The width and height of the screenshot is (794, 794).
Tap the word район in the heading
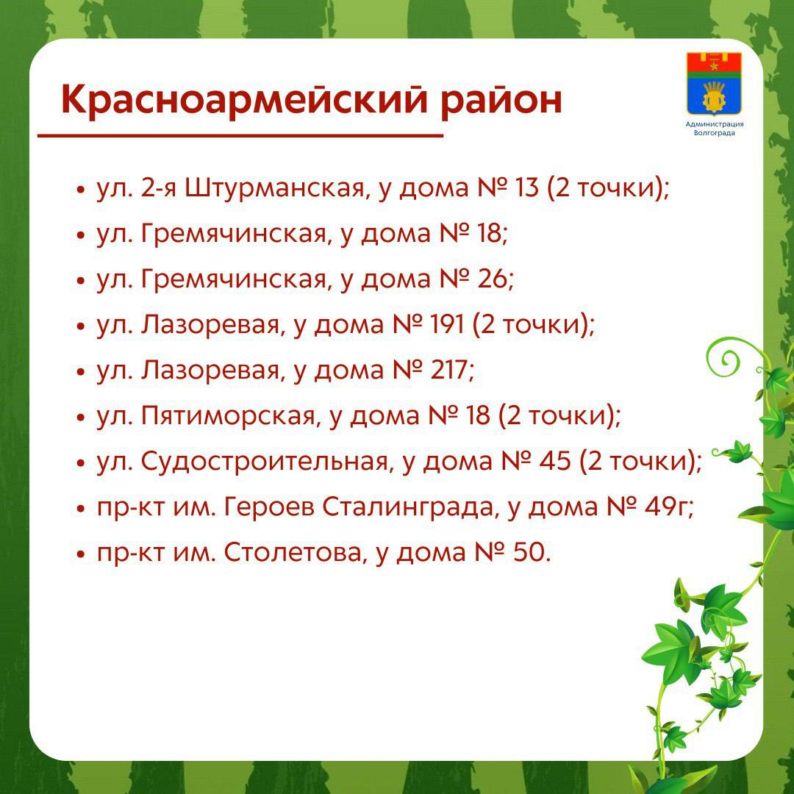501,101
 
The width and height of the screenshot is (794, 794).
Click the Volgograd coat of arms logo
714,84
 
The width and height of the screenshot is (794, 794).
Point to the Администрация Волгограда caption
714,129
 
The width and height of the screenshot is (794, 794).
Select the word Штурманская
274,188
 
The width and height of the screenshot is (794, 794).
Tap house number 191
447,325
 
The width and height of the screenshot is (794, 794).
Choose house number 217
448,370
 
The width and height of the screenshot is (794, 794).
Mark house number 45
555,461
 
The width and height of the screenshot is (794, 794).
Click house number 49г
665,507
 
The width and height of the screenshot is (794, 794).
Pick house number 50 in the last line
526,552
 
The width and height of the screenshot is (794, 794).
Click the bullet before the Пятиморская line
80,418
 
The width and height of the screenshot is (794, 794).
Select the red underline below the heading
240,136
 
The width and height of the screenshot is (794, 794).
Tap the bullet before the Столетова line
80,554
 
